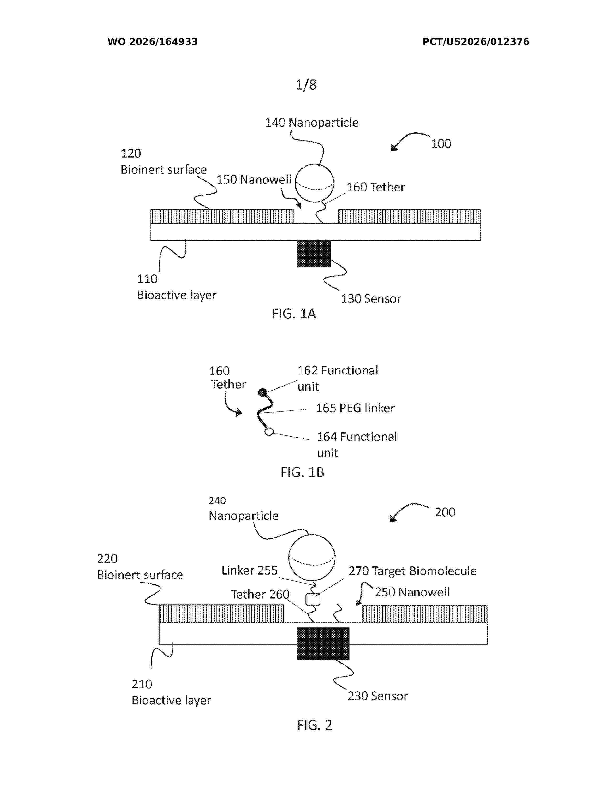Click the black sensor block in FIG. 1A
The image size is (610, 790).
click(314, 254)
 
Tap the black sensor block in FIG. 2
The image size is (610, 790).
click(323, 643)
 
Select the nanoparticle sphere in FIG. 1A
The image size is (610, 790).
click(314, 183)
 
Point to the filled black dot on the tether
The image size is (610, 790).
click(263, 392)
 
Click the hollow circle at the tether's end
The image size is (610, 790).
click(269, 432)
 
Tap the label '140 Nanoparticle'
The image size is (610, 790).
click(312, 123)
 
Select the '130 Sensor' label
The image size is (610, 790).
click(371, 299)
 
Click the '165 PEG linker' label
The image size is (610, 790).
click(355, 408)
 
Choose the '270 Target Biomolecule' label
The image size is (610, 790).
click(412, 571)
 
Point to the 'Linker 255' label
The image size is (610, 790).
click(249, 570)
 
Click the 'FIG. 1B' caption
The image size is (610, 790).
click(302, 472)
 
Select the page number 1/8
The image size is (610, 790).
click(306, 85)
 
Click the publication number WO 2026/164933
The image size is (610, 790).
click(153, 42)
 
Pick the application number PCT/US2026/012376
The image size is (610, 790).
click(476, 42)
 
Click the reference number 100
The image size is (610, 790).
click(441, 144)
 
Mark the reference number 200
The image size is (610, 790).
click(445, 512)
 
